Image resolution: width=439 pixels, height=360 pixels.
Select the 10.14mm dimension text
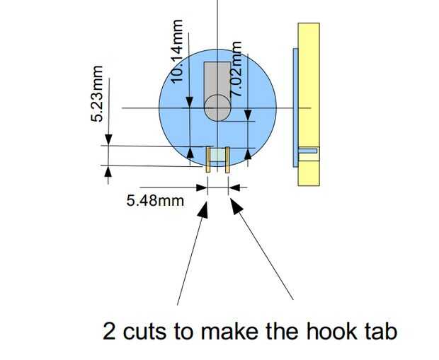[x=178, y=51]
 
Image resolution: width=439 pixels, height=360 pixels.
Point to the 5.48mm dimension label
[x=155, y=200]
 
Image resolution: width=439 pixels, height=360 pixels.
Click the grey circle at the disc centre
[x=217, y=108]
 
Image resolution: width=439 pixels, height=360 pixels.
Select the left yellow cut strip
[x=208, y=160]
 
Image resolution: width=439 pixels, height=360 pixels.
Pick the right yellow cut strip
[x=227, y=160]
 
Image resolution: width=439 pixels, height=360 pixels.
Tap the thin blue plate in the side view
[x=295, y=106]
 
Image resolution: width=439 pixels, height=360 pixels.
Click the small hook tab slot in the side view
[x=308, y=150]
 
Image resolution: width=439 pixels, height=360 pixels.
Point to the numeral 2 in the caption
[x=110, y=331]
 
